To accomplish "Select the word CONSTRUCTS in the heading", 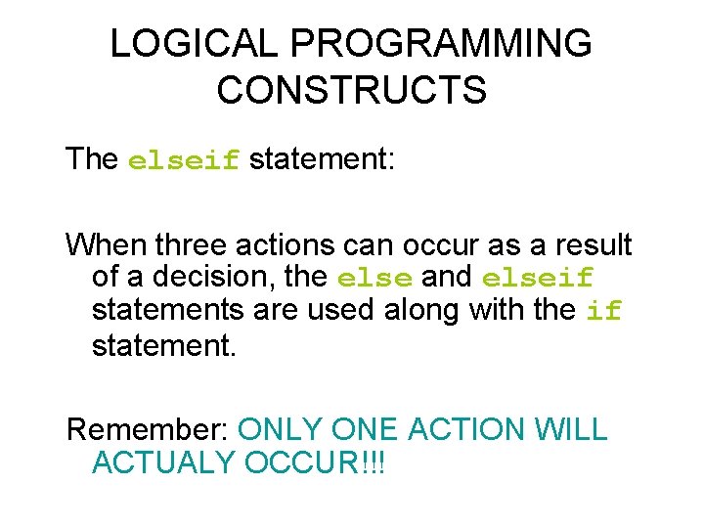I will tap(351, 90).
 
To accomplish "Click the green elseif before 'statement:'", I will tap(184, 160).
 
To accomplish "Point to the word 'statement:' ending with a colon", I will tap(322, 158).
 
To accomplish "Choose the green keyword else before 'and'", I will tap(374, 279).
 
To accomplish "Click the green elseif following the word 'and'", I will tap(538, 279).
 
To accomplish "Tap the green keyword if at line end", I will tap(603, 312).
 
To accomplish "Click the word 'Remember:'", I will tap(147, 428).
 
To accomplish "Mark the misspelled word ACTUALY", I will tap(164, 462).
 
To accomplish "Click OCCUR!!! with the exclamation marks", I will tap(315, 462).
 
